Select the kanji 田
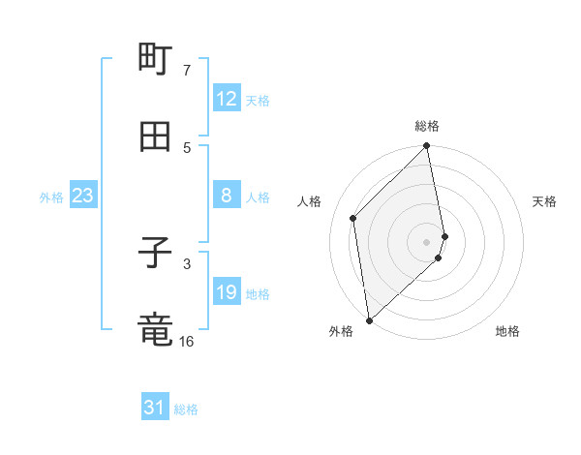pyautogui.click(x=155, y=136)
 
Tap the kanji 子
pyautogui.click(x=155, y=254)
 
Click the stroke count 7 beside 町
pyautogui.click(x=187, y=71)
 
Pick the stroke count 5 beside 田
pyautogui.click(x=187, y=147)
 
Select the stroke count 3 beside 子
pyautogui.click(x=187, y=263)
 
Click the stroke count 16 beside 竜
pyautogui.click(x=187, y=341)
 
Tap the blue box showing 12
pyautogui.click(x=227, y=99)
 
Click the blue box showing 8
pyautogui.click(x=227, y=196)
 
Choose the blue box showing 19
pyautogui.click(x=227, y=292)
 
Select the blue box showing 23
pyautogui.click(x=83, y=196)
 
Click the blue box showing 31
pyautogui.click(x=155, y=408)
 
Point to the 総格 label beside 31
pyautogui.click(x=186, y=409)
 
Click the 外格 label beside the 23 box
pyautogui.click(x=51, y=197)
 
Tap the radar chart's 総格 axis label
pyautogui.click(x=427, y=126)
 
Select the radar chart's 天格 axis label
pyautogui.click(x=544, y=201)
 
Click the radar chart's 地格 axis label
pyautogui.click(x=507, y=331)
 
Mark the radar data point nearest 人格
pyautogui.click(x=353, y=218)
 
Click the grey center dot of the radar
pyautogui.click(x=427, y=241)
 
